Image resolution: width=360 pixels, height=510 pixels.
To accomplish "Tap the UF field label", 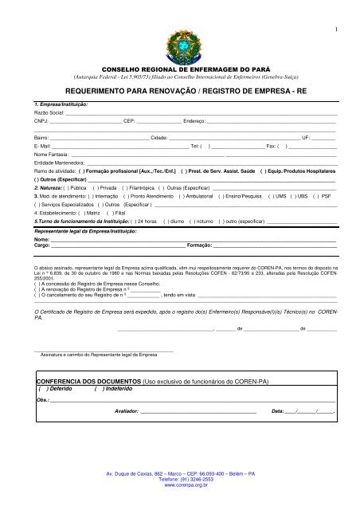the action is (x=306, y=138).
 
